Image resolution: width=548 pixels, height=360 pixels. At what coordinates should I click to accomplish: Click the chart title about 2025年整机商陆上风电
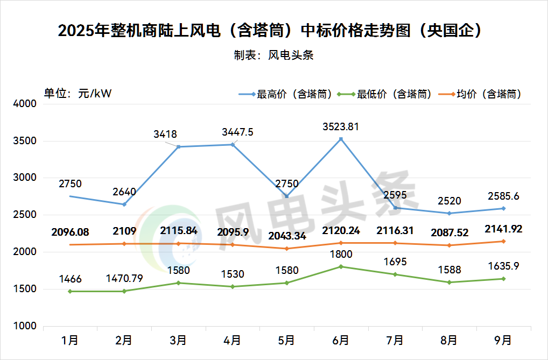coord(269,31)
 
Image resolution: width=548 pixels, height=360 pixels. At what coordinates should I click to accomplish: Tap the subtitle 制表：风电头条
coord(273,55)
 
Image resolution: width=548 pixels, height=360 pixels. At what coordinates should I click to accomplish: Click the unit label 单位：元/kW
coord(78,93)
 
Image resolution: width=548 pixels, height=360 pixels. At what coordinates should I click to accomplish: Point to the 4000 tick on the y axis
coord(24,104)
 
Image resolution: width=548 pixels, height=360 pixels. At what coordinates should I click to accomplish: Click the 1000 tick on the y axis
coord(24,326)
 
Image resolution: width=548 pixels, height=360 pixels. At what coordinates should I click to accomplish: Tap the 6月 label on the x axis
coord(341,340)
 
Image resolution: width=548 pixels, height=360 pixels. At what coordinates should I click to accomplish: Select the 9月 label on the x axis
coord(503,340)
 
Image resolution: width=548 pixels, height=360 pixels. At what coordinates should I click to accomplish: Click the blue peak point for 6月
coord(341,139)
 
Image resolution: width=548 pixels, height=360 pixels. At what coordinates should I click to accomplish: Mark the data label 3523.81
coord(341,127)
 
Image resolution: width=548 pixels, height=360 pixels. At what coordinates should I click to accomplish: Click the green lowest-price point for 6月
coord(341,266)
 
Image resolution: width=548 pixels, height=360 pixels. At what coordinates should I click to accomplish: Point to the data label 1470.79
coord(124,279)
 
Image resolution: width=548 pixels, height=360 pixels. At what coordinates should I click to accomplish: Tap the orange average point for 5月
coord(287,249)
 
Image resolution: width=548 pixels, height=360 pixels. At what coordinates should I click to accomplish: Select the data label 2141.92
coord(503,229)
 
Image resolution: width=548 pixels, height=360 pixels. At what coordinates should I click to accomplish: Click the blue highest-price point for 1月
coord(70,196)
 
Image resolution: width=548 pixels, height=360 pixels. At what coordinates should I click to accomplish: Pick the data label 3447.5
coord(237,132)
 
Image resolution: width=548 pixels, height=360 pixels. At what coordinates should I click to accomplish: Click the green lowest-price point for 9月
coord(503,279)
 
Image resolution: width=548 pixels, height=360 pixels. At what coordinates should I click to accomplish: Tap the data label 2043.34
coord(287,237)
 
